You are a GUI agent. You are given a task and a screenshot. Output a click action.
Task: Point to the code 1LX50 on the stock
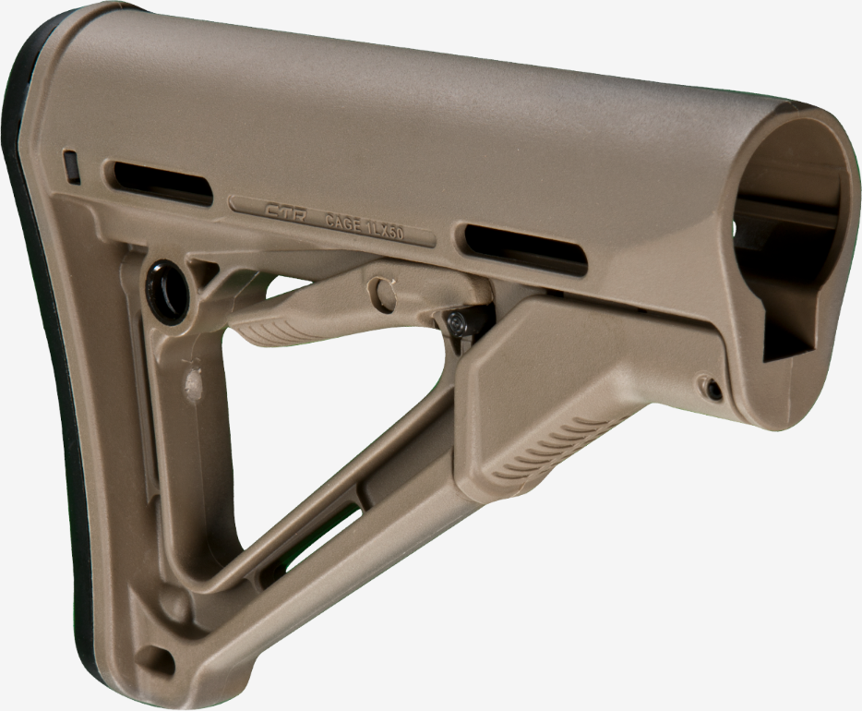click(386, 230)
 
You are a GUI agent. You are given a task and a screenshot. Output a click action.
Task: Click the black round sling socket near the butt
click(168, 290)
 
